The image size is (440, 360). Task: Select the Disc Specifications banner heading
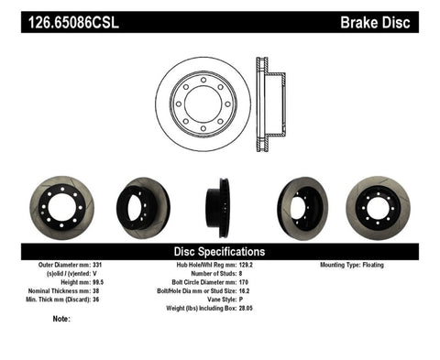tap(220, 251)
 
